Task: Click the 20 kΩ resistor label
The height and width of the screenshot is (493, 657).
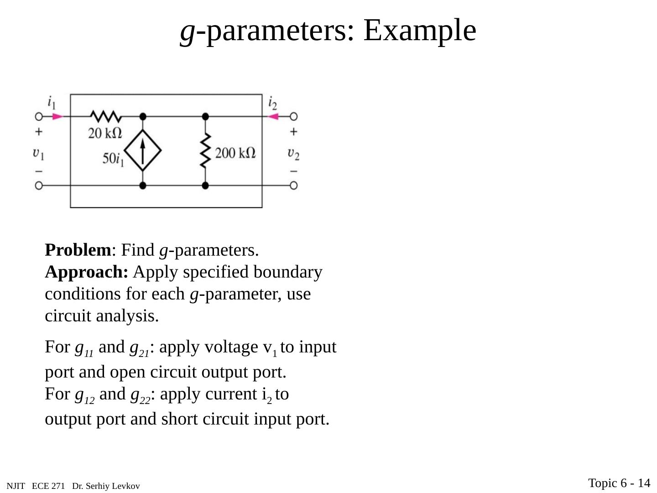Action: pos(105,133)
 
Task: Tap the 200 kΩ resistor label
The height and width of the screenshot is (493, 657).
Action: pos(235,152)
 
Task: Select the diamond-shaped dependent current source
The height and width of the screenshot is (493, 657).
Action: pos(143,151)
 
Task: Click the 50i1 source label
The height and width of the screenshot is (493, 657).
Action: pos(113,159)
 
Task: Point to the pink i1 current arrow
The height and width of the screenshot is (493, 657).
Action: pos(57,116)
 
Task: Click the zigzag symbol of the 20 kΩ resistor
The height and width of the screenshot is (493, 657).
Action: pos(106,116)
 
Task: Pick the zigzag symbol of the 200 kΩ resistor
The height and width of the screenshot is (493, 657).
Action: pos(205,151)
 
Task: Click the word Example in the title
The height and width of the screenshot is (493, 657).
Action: pos(419,30)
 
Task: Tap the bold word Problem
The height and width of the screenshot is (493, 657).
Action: pos(78,250)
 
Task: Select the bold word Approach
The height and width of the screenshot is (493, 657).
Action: pos(86,272)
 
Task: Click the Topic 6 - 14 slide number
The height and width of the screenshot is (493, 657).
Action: pos(619,483)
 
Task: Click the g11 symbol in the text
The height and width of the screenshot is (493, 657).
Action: pos(84,348)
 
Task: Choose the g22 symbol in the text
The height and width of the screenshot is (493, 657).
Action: pos(141,395)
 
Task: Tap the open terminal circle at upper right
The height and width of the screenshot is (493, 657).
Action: pos(294,116)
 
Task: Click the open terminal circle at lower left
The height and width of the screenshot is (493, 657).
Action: pos(39,185)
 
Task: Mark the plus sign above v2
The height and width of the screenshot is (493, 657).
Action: pos(293,131)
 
